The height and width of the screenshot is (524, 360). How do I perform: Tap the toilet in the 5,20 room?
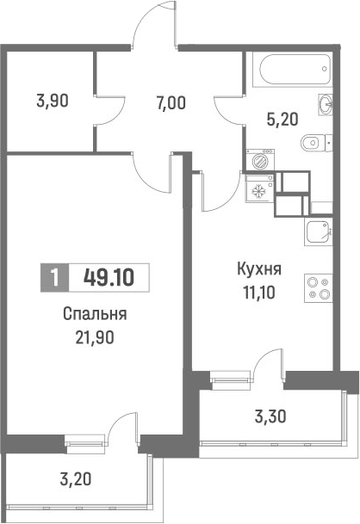click(311, 143)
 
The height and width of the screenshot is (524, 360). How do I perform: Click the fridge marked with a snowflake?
click(258, 190)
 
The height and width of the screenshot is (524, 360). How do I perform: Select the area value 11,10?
click(258, 293)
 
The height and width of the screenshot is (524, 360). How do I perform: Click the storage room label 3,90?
click(53, 100)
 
